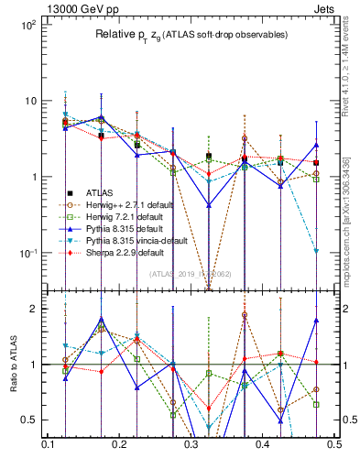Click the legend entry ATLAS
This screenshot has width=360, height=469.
click(99, 193)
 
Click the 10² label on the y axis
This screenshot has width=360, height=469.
click(29, 26)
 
